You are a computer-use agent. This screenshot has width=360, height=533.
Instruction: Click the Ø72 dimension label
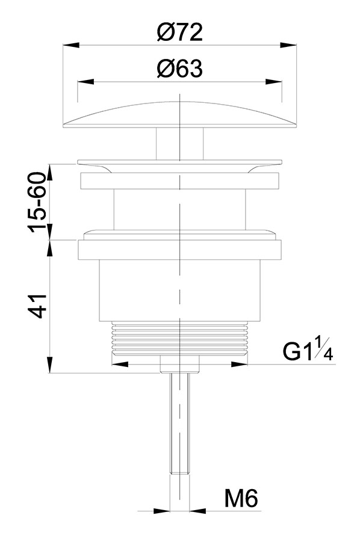[179, 32]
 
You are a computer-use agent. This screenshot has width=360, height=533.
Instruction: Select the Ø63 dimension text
[179, 69]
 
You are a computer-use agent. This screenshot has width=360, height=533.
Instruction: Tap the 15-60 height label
[37, 203]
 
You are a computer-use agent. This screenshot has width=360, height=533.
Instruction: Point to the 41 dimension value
[37, 306]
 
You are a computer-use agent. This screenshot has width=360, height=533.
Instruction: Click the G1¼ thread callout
[308, 348]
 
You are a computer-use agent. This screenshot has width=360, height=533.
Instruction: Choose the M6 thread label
[241, 499]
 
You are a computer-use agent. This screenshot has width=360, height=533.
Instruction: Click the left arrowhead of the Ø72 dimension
[71, 45]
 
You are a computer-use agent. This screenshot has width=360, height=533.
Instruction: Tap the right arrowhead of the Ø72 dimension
[288, 45]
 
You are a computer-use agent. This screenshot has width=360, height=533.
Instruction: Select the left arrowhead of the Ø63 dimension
[85, 82]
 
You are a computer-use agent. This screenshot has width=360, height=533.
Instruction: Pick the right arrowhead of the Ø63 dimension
[273, 82]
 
